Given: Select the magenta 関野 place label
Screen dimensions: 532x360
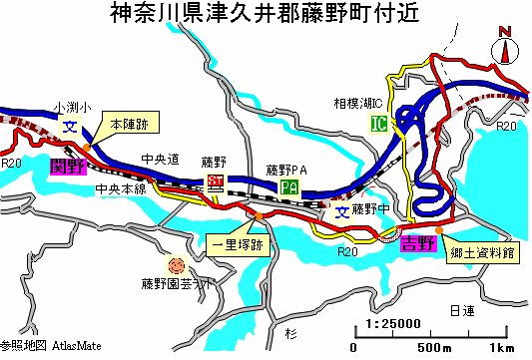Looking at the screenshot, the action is tap(67, 168).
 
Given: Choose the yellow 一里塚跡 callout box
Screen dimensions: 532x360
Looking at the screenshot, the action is tap(238, 243).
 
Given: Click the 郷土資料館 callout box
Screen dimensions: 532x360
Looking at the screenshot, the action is tap(482, 254).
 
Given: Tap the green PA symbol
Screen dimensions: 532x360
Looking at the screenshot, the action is tap(289, 187).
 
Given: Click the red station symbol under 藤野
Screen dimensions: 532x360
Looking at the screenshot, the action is tap(216, 180).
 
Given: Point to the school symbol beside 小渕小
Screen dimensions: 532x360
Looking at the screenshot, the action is tap(71, 127).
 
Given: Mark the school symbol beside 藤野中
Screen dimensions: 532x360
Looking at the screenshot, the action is tap(341, 211).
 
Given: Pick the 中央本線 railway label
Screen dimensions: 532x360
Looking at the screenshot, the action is tap(120, 188).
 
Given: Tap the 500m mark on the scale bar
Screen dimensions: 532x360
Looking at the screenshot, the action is tap(432, 348).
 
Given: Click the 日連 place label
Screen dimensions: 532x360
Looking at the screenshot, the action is tap(462, 311).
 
